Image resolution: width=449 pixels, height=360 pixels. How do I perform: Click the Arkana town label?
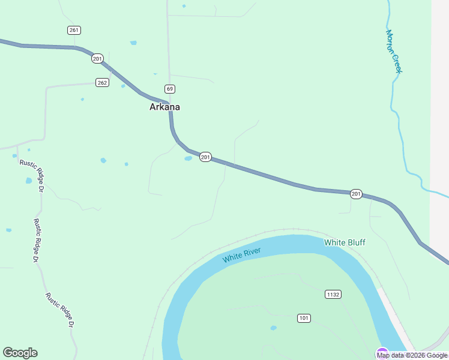(164, 107)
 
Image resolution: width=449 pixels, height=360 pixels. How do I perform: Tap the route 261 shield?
(74, 30)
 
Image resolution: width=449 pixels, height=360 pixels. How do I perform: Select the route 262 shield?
(102, 83)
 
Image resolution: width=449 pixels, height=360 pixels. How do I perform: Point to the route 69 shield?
(170, 89)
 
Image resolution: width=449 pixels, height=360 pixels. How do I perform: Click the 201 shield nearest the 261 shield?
(97, 58)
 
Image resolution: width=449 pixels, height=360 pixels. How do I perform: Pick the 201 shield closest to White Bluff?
(357, 194)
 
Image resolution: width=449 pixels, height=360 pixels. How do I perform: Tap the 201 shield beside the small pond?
(205, 157)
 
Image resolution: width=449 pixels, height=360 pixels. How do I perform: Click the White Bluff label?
(345, 242)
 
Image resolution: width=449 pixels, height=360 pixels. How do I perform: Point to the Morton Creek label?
(393, 52)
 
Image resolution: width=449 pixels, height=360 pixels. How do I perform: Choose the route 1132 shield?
(333, 294)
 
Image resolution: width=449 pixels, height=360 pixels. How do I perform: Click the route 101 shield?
(304, 317)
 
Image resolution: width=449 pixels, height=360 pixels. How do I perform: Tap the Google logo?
(20, 353)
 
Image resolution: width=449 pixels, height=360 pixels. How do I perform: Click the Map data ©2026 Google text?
(412, 355)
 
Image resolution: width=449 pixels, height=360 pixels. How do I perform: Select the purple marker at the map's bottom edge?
(382, 354)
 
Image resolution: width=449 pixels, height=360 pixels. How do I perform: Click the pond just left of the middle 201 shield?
(188, 158)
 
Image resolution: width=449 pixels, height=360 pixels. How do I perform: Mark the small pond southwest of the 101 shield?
(274, 328)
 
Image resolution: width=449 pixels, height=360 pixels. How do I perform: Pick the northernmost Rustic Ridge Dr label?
(32, 175)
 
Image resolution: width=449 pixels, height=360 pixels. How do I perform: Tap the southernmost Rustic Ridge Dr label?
(60, 310)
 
